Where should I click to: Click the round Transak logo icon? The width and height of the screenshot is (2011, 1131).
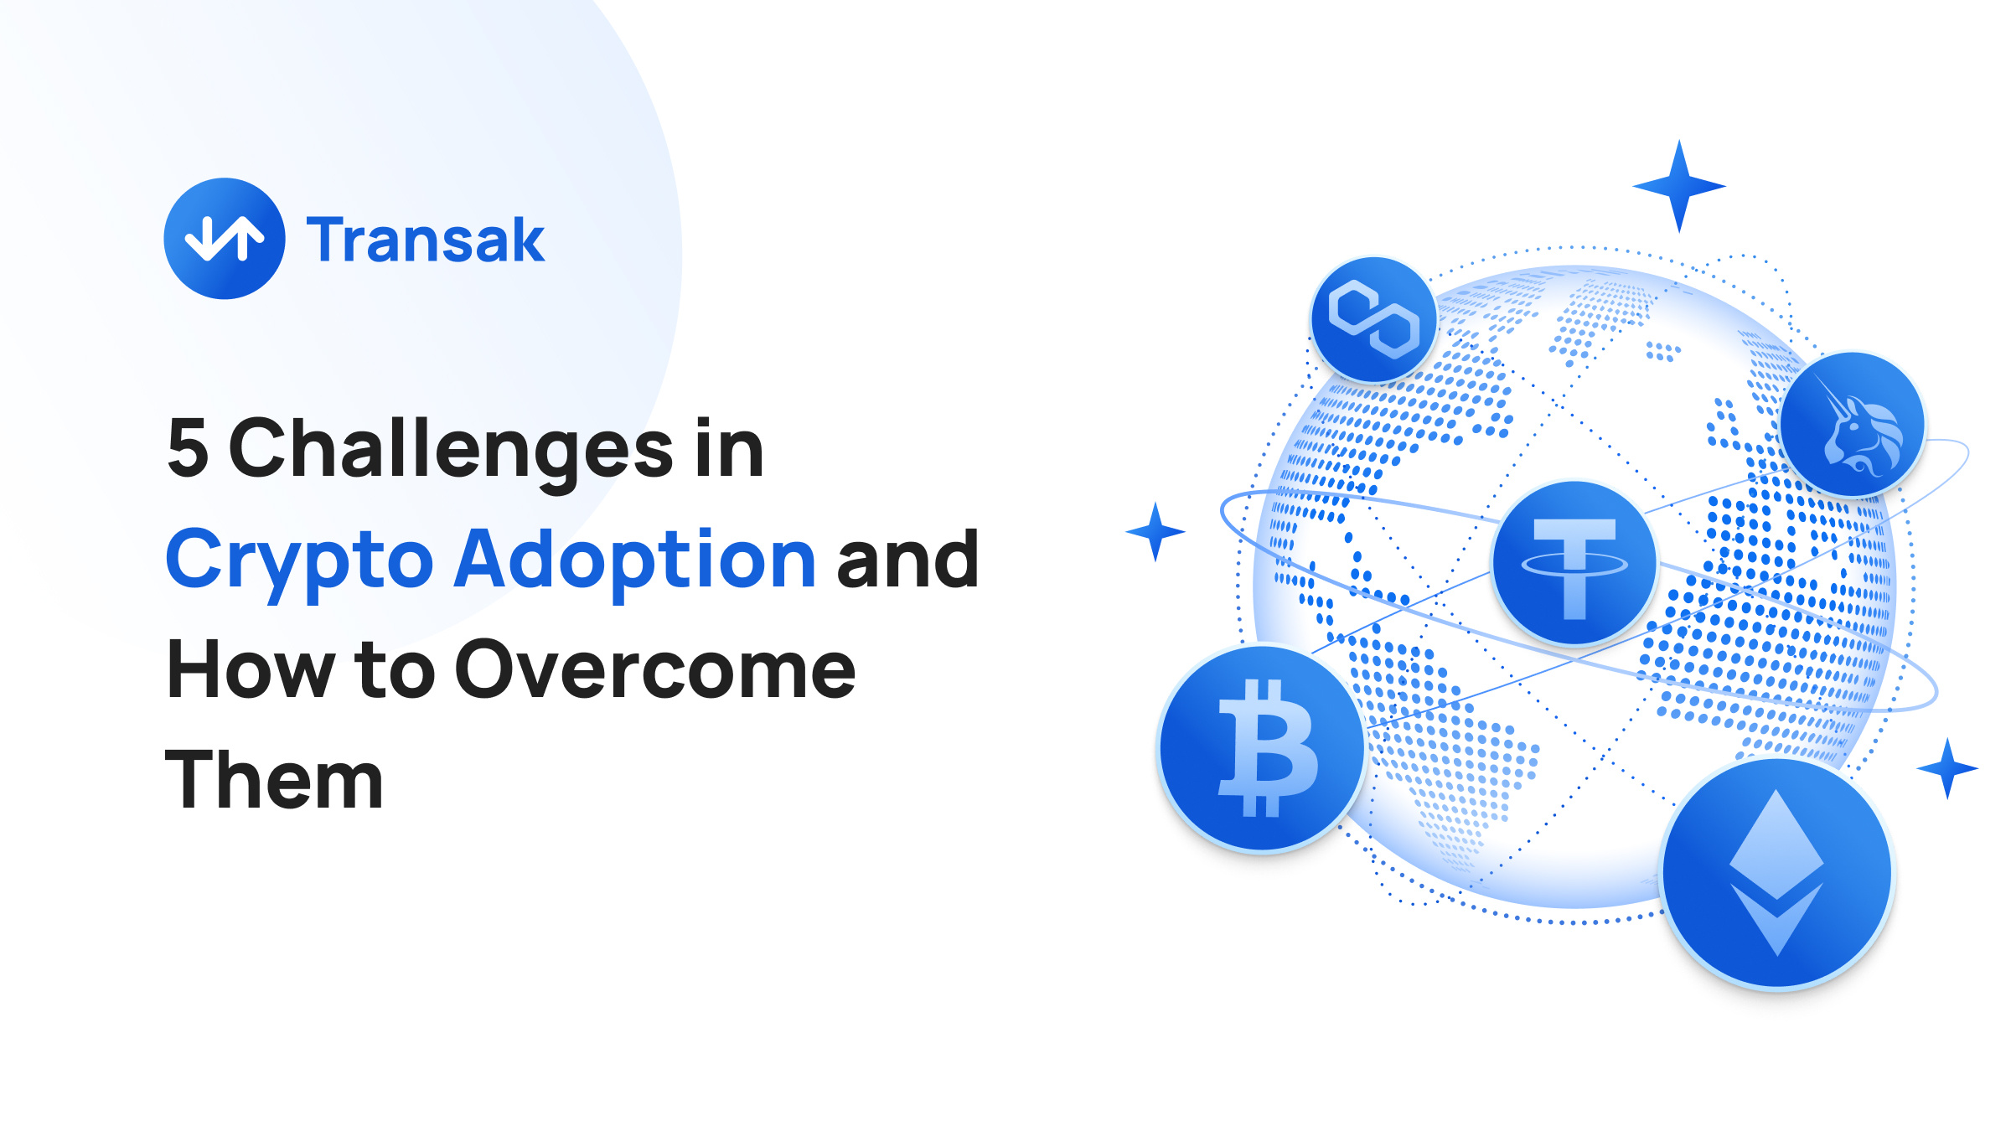[x=225, y=239]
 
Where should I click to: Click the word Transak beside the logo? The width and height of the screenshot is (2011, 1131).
[x=426, y=240]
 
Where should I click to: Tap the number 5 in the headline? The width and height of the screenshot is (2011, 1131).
[x=188, y=448]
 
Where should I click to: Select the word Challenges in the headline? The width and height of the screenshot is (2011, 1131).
[x=451, y=452]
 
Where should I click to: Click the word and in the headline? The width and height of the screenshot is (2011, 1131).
[x=907, y=558]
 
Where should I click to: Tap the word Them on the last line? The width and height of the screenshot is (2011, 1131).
[x=274, y=779]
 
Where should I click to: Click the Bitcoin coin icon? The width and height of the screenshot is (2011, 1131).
[x=1264, y=748]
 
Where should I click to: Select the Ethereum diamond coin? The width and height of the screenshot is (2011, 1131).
[x=1777, y=874]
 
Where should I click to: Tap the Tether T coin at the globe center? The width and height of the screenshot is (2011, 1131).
[x=1575, y=563]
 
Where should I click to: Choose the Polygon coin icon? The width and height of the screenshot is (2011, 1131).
[x=1374, y=319]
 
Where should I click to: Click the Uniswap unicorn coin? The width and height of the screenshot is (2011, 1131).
[x=1852, y=425]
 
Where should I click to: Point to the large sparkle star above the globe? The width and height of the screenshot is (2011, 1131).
[x=1679, y=186]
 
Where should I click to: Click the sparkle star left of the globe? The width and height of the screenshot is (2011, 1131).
[x=1155, y=531]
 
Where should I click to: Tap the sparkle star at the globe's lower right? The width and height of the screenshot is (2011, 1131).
[x=1947, y=768]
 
